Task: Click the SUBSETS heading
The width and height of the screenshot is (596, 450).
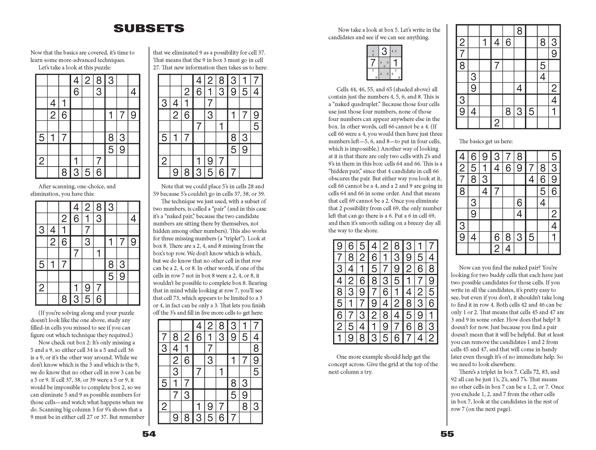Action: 149,28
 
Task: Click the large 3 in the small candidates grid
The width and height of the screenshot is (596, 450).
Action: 384,51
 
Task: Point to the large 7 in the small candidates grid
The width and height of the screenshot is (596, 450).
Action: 373,63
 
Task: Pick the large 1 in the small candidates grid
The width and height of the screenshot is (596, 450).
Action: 395,63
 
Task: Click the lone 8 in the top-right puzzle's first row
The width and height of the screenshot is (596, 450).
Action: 519,31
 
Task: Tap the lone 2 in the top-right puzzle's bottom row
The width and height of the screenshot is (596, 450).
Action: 497,123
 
